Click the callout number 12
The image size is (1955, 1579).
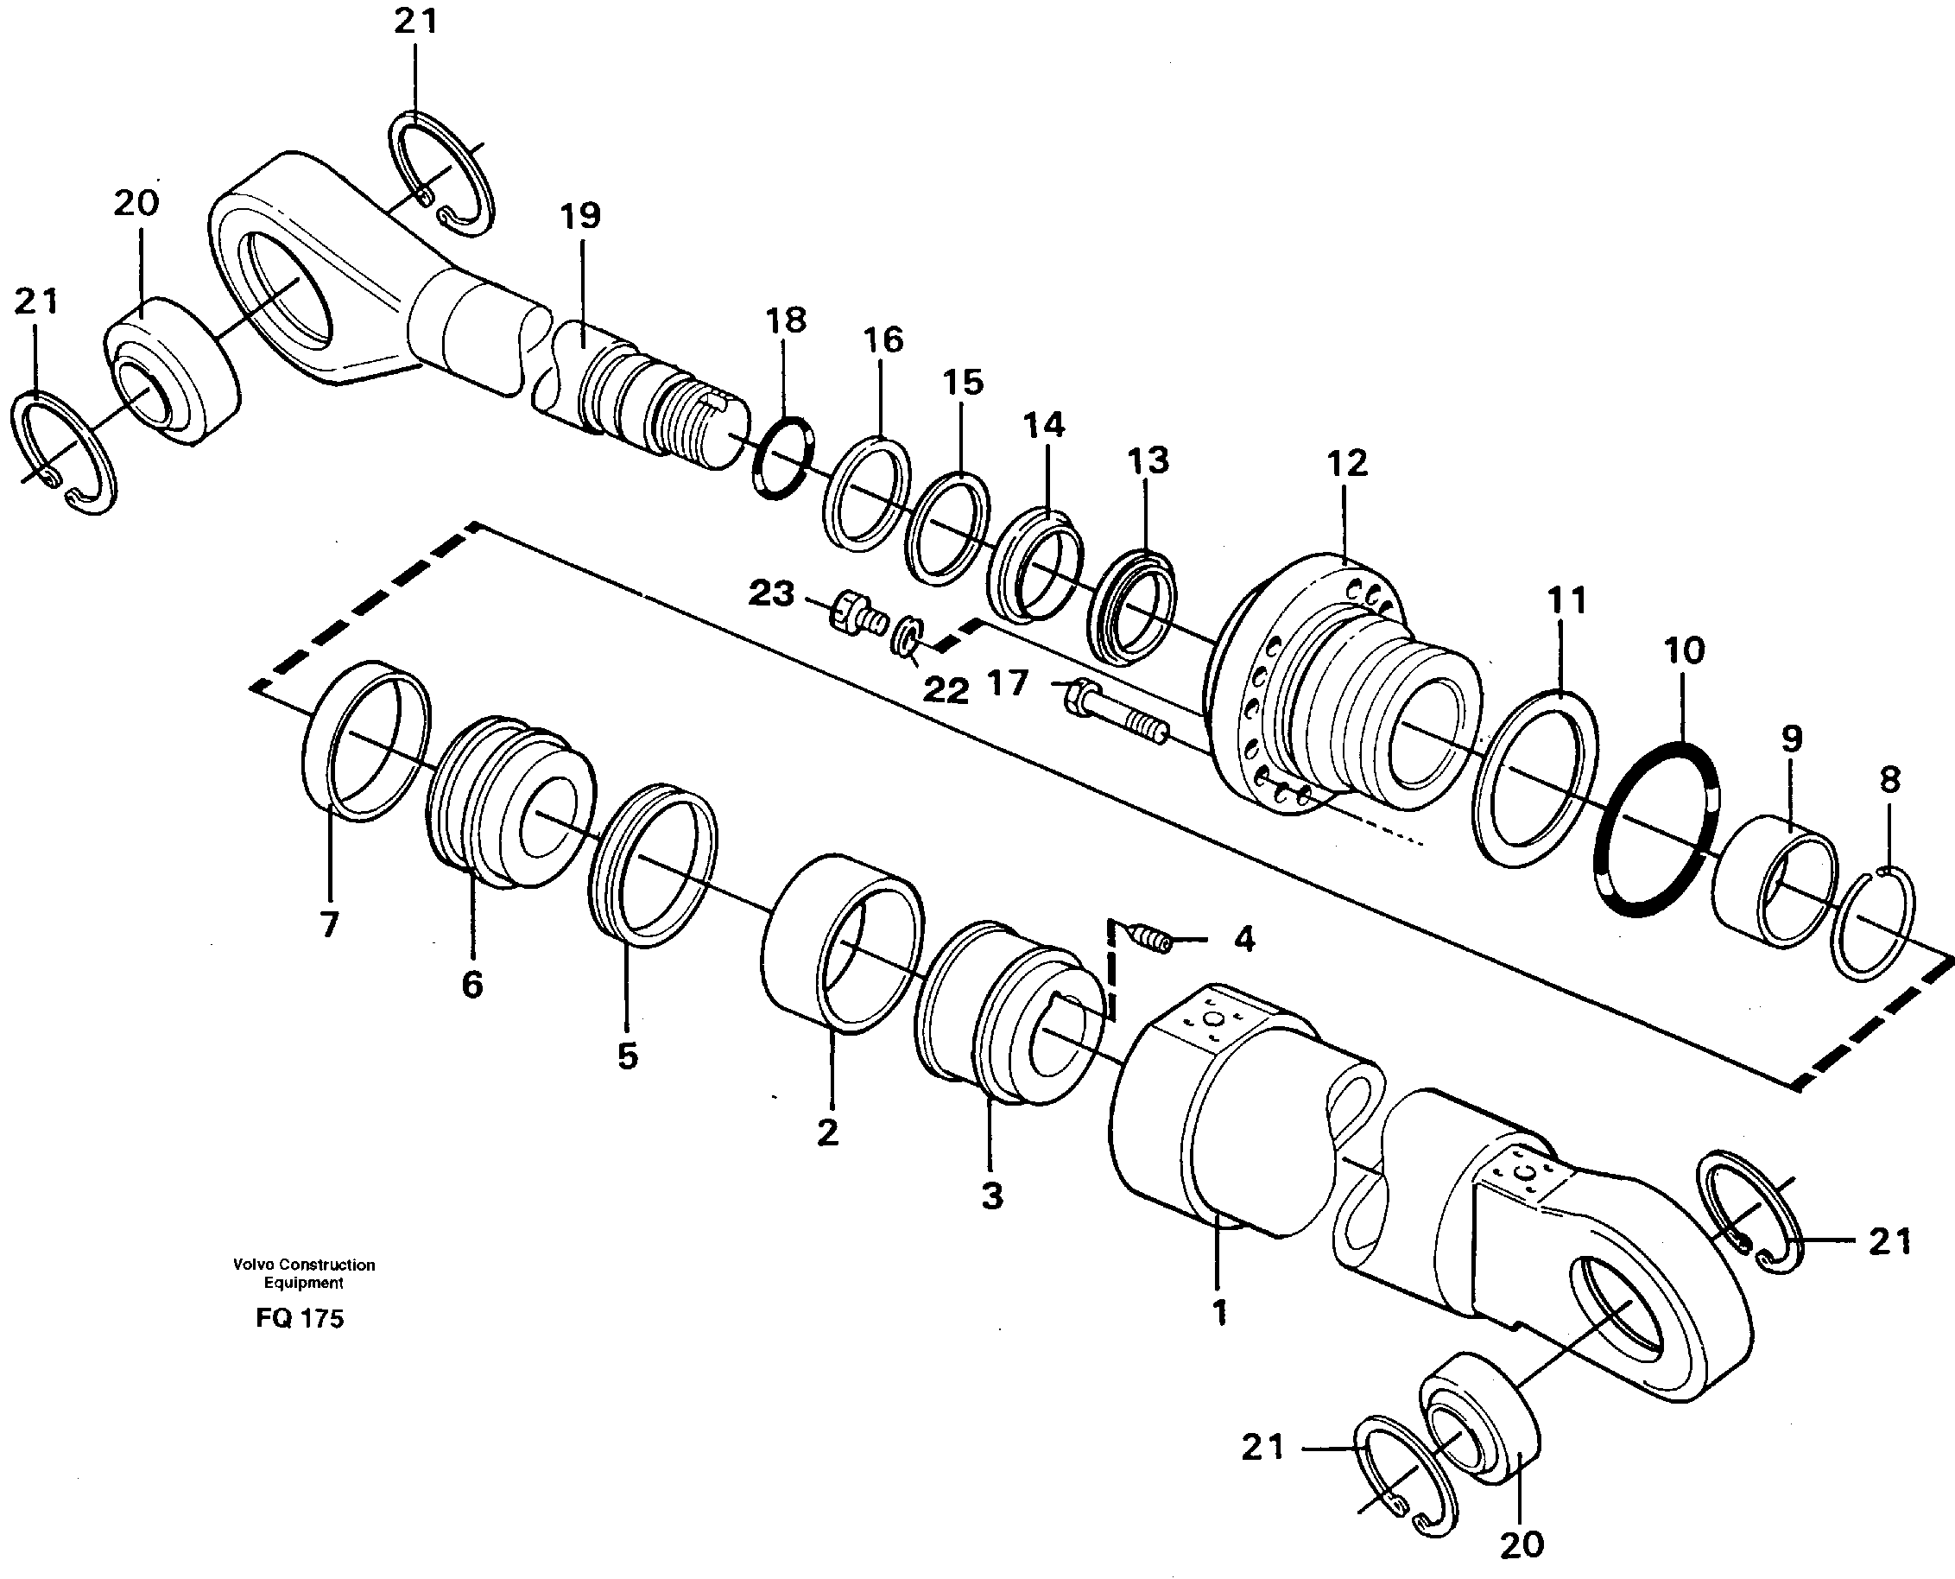[x=1347, y=464]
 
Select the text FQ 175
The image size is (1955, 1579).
[x=299, y=1318]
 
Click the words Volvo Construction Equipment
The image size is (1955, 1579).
[x=303, y=1273]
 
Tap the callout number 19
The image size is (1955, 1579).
[x=580, y=217]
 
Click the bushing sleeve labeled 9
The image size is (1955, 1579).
[x=1773, y=888]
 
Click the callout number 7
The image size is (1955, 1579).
[x=328, y=925]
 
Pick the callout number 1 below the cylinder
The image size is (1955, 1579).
[x=1219, y=1311]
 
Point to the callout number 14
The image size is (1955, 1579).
[x=1043, y=425]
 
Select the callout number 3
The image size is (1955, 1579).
[x=992, y=1195]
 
